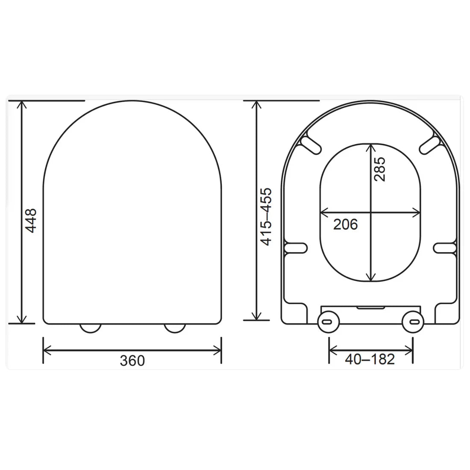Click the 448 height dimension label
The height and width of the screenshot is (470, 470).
pos(31,220)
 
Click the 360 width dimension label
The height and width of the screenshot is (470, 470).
pos(132,361)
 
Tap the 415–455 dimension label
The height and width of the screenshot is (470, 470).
pos(266,216)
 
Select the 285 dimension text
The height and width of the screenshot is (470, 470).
pos(379,169)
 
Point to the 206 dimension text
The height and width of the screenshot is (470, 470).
pos(345,224)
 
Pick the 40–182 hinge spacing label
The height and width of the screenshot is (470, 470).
pos(370,359)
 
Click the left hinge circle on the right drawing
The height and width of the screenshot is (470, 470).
pos(328,321)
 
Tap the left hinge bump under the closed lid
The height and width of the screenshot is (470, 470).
pos(90,328)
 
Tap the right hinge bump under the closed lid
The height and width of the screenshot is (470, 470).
pos(175,328)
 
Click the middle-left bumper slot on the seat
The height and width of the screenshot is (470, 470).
pos(296,248)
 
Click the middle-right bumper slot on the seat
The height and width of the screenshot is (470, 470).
pos(445,248)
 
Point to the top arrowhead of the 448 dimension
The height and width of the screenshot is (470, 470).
pos(21,105)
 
